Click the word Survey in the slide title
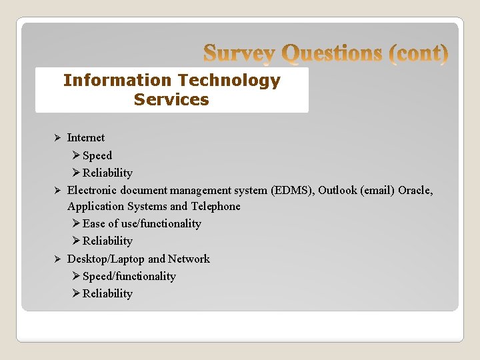point(239,53)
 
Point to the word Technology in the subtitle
point(228,81)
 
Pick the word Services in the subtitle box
point(171,100)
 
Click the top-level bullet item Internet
point(86,138)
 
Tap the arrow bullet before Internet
point(57,138)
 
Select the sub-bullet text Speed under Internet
point(97,155)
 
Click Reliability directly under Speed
point(107,173)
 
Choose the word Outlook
point(337,190)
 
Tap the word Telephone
point(215,207)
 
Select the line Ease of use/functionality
point(141,224)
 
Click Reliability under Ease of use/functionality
point(107,241)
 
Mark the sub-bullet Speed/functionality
point(129,276)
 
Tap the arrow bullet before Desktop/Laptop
point(57,259)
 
